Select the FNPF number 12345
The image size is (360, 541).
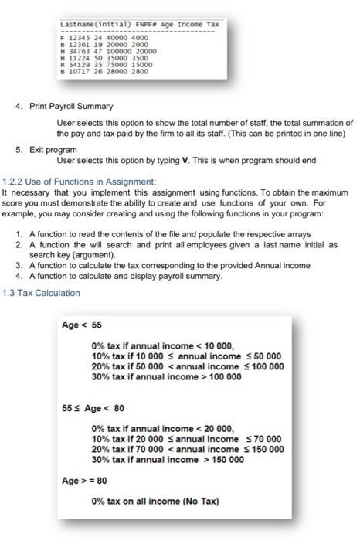click(80, 39)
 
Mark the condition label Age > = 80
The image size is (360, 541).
click(83, 479)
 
